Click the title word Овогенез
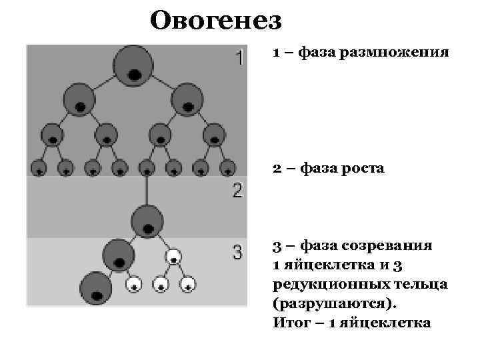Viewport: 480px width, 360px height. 216,20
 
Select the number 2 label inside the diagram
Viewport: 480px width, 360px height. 237,192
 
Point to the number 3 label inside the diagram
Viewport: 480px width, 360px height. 237,253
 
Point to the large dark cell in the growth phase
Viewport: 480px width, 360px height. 147,220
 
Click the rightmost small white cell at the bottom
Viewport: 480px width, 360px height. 189,285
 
